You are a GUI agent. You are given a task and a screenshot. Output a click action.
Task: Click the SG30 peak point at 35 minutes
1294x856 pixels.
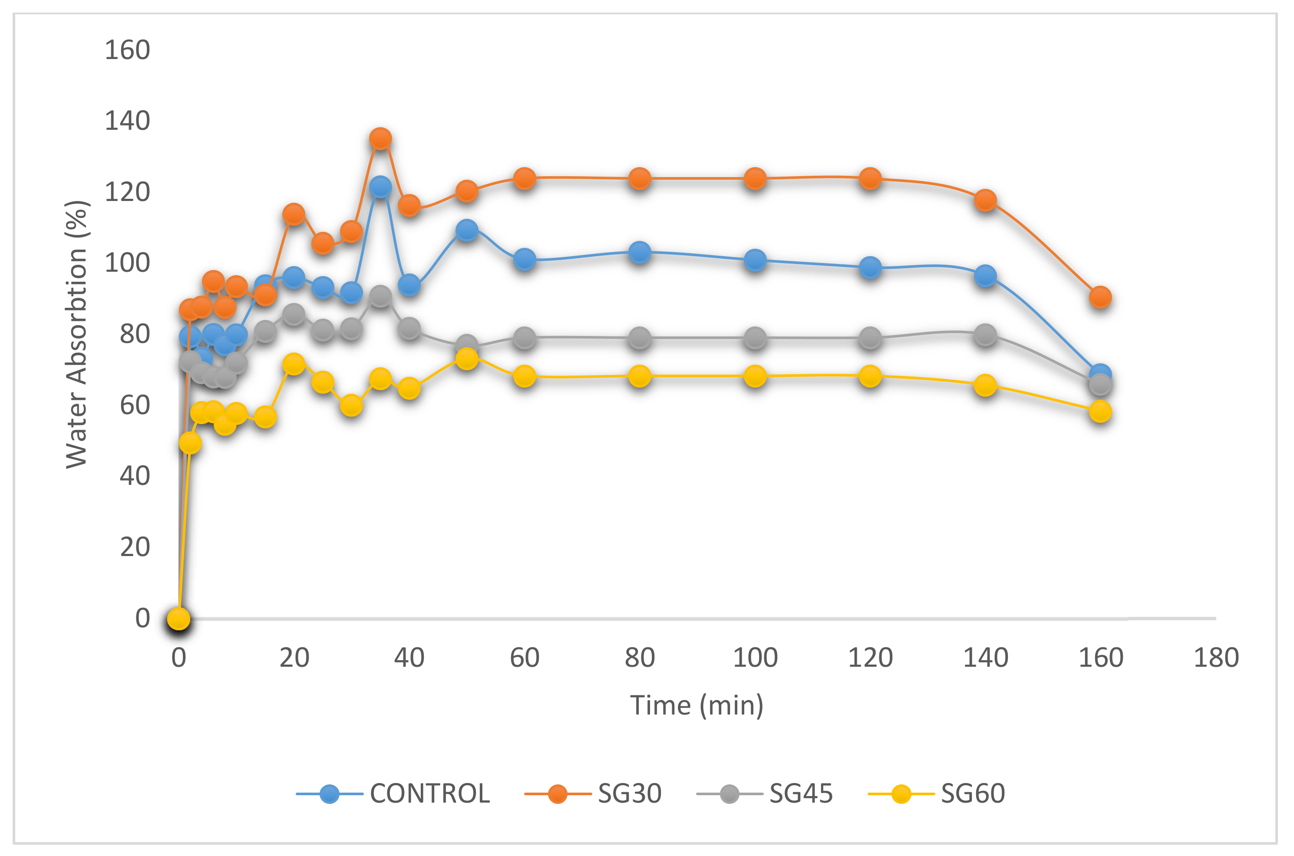pyautogui.click(x=380, y=138)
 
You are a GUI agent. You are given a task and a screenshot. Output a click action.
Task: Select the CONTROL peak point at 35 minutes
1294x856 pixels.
pyautogui.click(x=380, y=187)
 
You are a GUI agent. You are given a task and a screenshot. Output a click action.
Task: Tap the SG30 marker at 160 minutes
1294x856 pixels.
pyautogui.click(x=1100, y=297)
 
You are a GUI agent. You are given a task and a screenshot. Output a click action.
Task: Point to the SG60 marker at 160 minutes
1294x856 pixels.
pyautogui.click(x=1100, y=412)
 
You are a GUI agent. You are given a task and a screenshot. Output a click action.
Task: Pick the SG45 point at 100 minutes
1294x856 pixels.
pyautogui.click(x=755, y=339)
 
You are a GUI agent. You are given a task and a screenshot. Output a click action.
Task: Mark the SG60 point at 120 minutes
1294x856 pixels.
pyautogui.click(x=870, y=377)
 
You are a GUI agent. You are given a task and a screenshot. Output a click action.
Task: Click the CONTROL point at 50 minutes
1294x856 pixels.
pyautogui.click(x=467, y=230)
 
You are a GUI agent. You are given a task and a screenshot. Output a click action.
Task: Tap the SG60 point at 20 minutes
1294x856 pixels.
pyautogui.click(x=294, y=364)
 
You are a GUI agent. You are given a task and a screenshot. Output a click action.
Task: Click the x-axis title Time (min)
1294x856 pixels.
pyautogui.click(x=697, y=705)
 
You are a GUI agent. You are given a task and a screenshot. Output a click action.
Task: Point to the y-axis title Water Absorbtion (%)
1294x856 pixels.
pyautogui.click(x=77, y=334)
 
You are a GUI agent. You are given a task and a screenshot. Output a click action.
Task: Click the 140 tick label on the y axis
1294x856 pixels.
pyautogui.click(x=127, y=121)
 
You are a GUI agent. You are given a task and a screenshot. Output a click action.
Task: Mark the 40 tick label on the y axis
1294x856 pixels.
pyautogui.click(x=135, y=476)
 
